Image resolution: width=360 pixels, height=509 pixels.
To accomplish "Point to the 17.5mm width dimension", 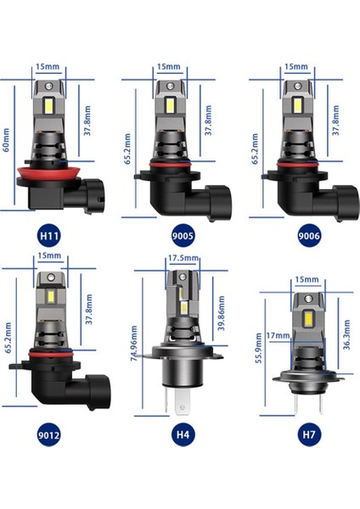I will click(x=184, y=258).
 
